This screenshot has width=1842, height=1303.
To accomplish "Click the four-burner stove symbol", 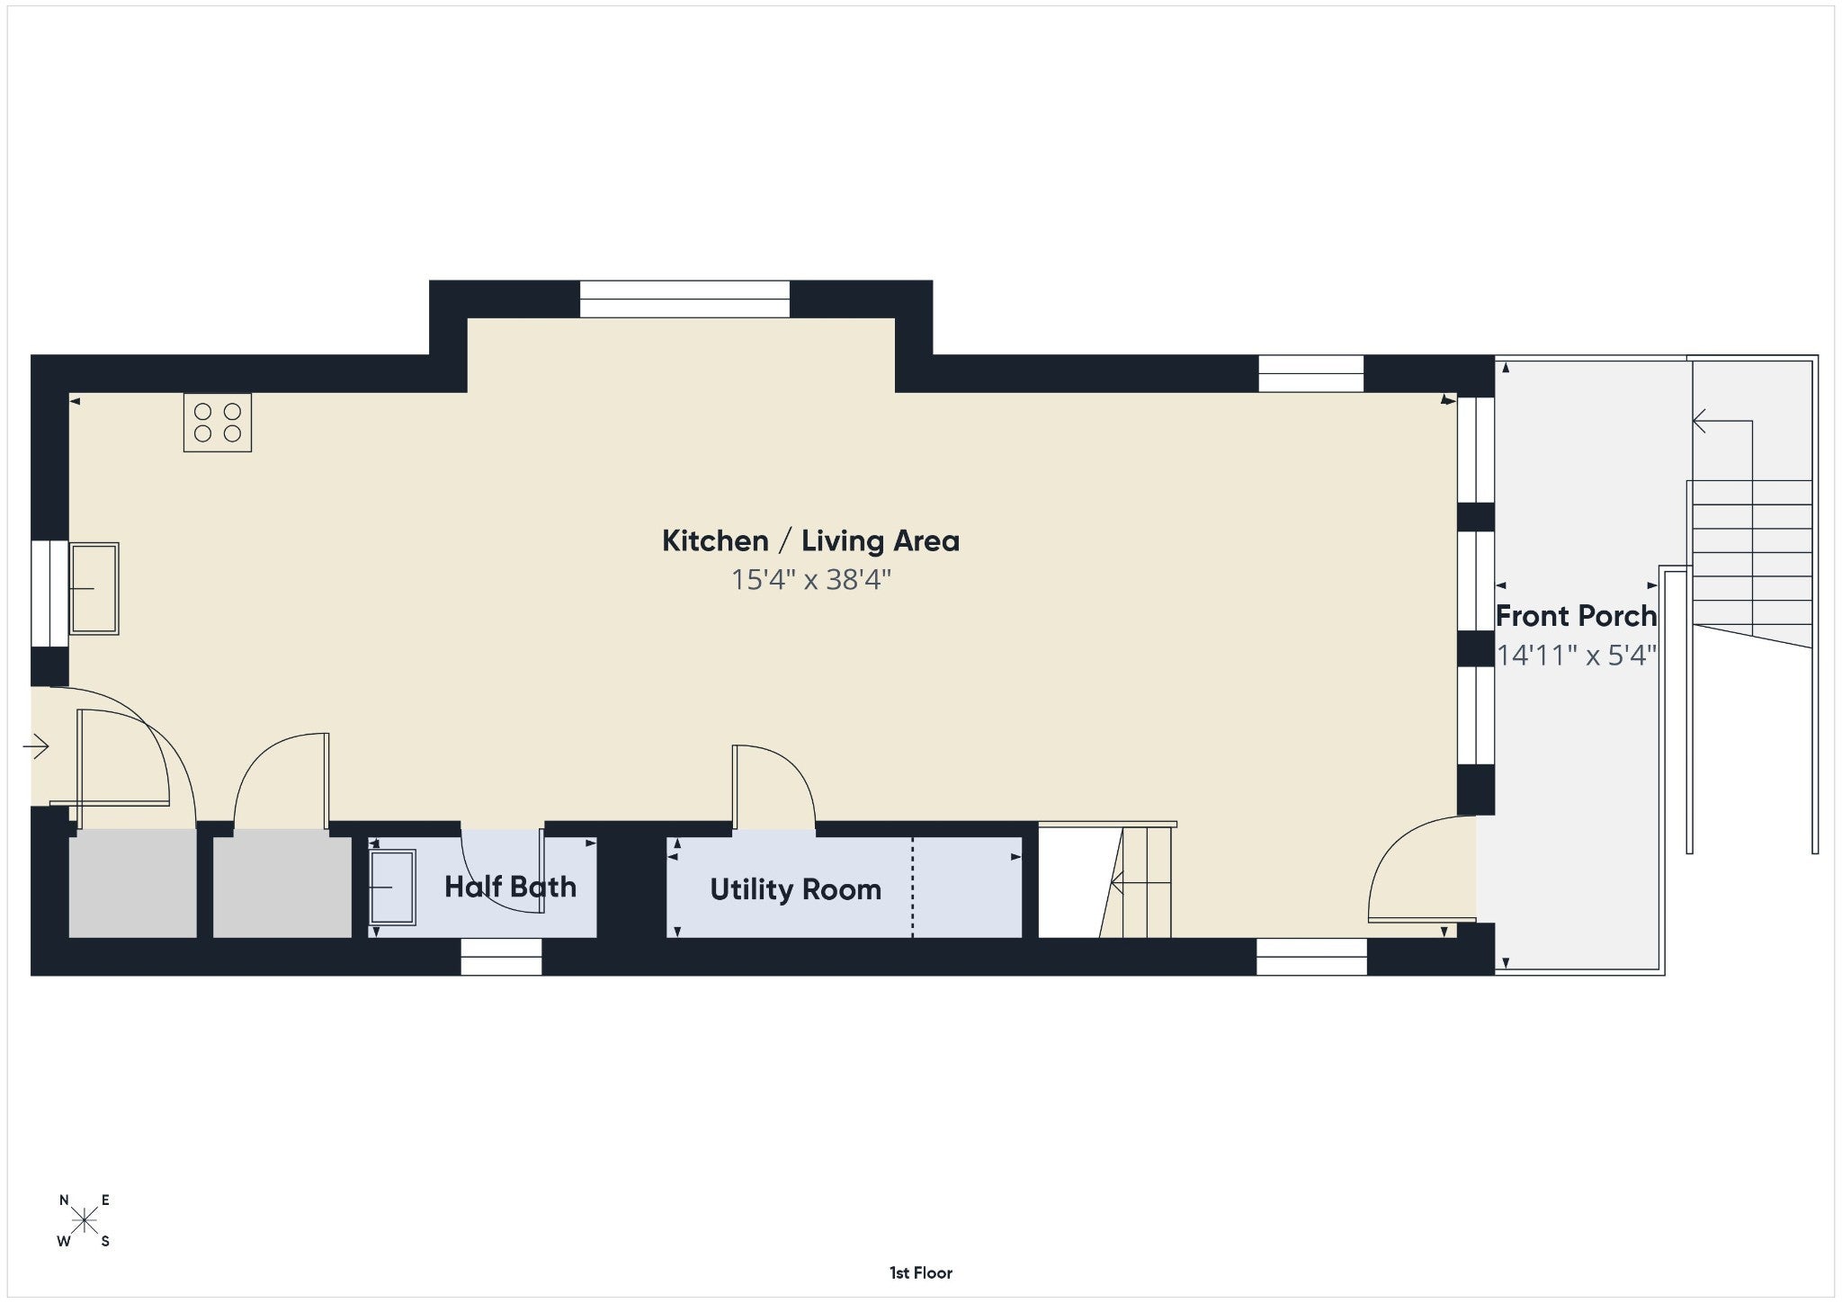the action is click(x=217, y=422).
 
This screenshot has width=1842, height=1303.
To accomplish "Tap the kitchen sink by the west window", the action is click(x=94, y=589).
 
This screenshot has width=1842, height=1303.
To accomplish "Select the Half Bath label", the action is click(x=510, y=887).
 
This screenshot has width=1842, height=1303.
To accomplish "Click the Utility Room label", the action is click(x=795, y=889).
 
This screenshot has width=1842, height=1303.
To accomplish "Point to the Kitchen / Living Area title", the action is click(x=810, y=540).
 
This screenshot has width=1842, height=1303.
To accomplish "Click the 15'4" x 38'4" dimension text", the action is click(x=810, y=580).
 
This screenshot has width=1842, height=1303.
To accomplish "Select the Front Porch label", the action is click(x=1576, y=616).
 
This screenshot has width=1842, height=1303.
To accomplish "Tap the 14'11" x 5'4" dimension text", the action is click(x=1576, y=656).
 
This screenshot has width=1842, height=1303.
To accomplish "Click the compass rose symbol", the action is click(x=85, y=1220).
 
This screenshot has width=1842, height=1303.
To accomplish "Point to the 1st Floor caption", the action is click(x=921, y=1272).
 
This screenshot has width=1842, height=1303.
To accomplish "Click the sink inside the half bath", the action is click(x=393, y=888).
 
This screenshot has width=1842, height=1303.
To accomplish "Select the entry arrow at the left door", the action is click(x=36, y=746).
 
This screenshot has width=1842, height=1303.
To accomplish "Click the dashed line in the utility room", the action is click(x=913, y=888).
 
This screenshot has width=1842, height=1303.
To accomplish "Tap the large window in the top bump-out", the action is click(x=684, y=299).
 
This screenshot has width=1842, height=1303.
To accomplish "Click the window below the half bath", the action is click(x=501, y=957).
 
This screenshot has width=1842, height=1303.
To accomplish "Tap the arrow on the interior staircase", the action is click(x=1141, y=884).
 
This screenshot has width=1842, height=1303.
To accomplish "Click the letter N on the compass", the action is click(x=64, y=1200).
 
